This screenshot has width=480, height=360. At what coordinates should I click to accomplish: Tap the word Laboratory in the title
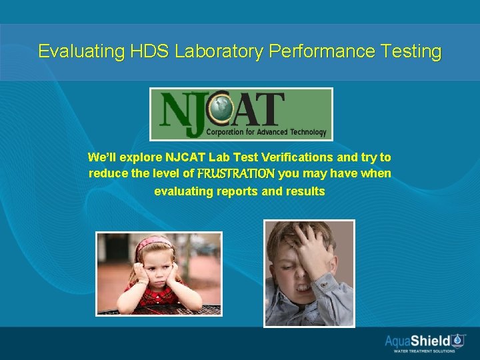click(219, 51)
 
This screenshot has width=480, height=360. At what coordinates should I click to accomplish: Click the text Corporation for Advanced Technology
click(266, 132)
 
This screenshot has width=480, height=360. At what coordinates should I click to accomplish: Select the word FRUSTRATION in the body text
click(235, 174)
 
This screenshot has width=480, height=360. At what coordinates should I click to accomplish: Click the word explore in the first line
click(142, 158)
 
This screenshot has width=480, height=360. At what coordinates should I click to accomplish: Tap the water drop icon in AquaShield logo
click(458, 340)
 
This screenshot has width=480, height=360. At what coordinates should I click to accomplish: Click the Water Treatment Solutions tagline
click(424, 351)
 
